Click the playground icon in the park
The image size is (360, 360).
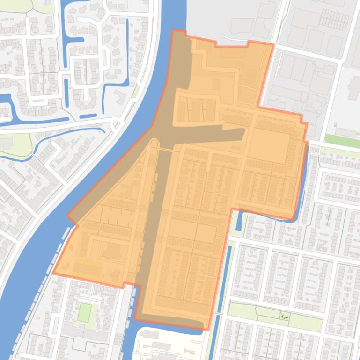tap(285, 317)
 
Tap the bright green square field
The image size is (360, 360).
tap(85, 312)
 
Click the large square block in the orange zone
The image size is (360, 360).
tap(269, 147)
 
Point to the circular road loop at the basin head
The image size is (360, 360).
tap(154, 143)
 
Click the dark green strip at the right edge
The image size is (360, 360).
tap(342, 141)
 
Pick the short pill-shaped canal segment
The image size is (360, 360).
tap(88, 115)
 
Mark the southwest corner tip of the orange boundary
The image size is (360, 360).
tap(53, 273)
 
